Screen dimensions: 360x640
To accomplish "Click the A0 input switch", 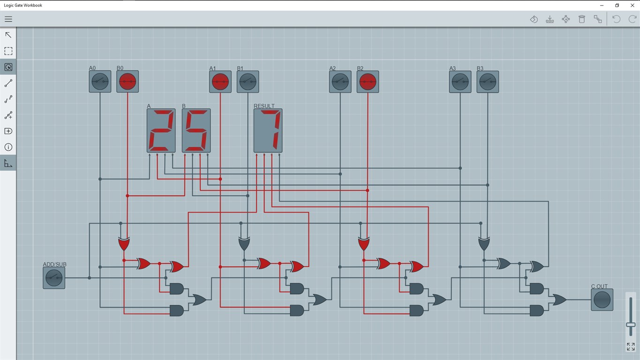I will (100, 82).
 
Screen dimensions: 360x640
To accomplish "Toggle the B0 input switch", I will (128, 82).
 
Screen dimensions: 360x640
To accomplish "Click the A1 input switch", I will (220, 82).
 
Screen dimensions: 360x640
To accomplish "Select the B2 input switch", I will (368, 82).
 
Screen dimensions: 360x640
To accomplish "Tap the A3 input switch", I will (460, 82).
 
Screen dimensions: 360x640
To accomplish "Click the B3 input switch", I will (488, 82).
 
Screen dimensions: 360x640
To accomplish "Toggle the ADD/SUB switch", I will (54, 278).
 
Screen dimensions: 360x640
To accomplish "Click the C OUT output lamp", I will (602, 300).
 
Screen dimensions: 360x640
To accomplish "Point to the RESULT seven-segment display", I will (268, 131).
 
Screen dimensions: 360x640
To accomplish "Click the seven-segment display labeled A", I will (161, 131).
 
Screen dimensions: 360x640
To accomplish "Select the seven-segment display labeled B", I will (196, 131).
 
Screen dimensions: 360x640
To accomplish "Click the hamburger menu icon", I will (8, 19).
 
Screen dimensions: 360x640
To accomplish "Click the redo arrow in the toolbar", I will (632, 19).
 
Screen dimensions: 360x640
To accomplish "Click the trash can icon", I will (582, 19).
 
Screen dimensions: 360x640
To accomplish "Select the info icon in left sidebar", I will (8, 147).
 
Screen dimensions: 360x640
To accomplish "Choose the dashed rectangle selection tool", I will (8, 51).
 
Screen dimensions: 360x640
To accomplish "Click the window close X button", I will (632, 5).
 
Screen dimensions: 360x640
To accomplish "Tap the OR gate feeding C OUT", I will (559, 300).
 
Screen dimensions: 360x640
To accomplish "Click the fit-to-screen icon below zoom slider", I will (631, 346).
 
